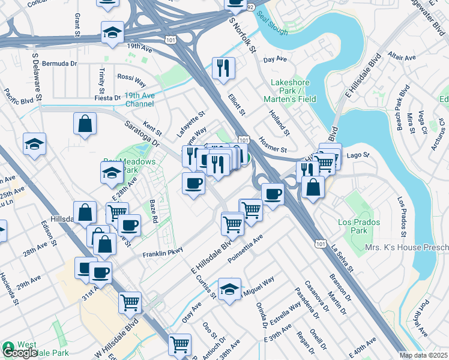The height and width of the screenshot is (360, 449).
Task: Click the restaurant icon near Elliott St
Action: click(x=223, y=68)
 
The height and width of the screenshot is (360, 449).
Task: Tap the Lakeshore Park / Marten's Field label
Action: click(x=290, y=90)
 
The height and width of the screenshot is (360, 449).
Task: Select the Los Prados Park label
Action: click(x=352, y=226)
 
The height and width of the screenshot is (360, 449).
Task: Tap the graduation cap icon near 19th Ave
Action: click(x=112, y=33)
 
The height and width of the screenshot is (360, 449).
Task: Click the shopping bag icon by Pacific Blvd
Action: click(x=85, y=124)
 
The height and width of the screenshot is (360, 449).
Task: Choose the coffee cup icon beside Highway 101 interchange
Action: click(x=273, y=194)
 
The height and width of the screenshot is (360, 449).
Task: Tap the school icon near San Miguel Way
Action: click(x=229, y=290)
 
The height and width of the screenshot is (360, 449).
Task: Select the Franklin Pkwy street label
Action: click(x=162, y=254)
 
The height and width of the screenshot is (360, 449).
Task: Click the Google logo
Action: click(x=20, y=353)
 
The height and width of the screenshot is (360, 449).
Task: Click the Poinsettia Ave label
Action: click(x=246, y=249)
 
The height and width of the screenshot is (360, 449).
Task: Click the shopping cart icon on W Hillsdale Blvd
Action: click(x=130, y=303)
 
